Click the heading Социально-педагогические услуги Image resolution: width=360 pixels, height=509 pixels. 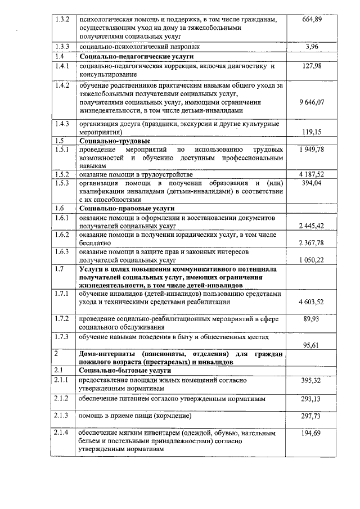(x=136, y=57)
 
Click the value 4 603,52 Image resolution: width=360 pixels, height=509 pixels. (x=315, y=303)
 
